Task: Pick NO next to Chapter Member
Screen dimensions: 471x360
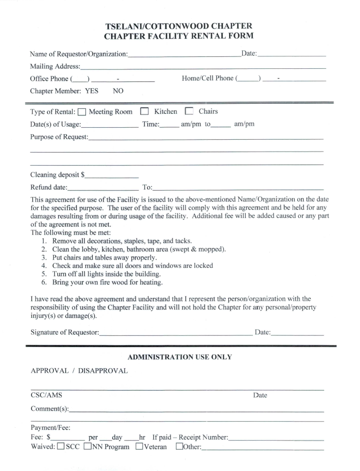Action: point(118,91)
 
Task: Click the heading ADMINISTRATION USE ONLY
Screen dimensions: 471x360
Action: point(180,357)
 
